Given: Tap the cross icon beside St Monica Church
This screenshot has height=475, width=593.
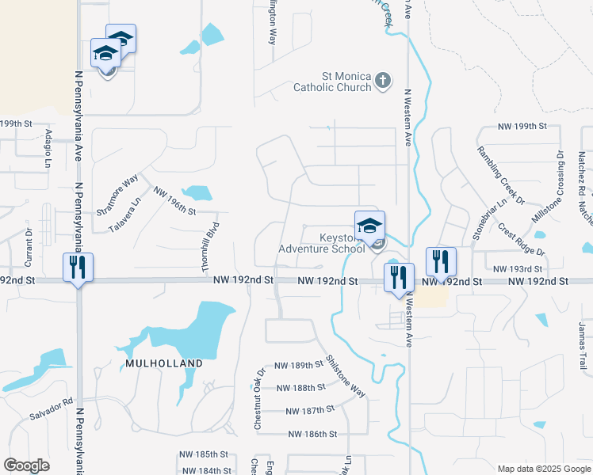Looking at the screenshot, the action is pyautogui.click(x=383, y=80).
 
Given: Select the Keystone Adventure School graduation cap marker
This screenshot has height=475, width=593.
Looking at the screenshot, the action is pyautogui.click(x=370, y=225).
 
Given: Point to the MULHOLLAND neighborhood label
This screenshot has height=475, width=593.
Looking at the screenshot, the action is pyautogui.click(x=163, y=363).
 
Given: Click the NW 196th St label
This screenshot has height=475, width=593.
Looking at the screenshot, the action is pyautogui.click(x=174, y=201).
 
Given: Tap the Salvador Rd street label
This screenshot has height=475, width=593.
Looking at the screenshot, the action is pyautogui.click(x=51, y=408).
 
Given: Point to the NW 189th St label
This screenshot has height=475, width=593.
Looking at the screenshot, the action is pyautogui.click(x=300, y=365).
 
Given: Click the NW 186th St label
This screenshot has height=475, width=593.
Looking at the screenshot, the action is pyautogui.click(x=312, y=434).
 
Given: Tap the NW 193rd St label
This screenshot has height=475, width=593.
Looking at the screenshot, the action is pyautogui.click(x=517, y=269).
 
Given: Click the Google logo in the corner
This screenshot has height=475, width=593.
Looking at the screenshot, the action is pyautogui.click(x=26, y=465).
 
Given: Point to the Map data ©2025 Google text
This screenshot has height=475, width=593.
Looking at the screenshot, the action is pyautogui.click(x=544, y=469).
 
